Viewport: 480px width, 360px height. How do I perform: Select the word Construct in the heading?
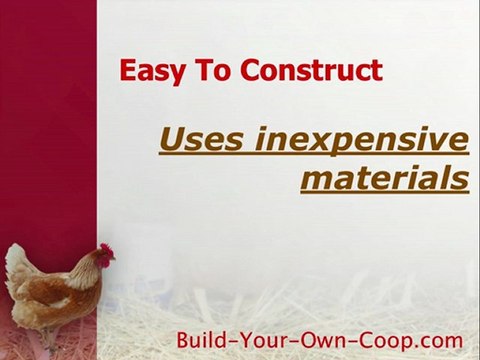pyautogui.click(x=310, y=71)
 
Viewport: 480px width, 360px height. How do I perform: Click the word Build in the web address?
pyautogui.click(x=203, y=337)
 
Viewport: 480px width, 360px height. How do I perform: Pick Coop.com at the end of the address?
pyautogui.click(x=408, y=337)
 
